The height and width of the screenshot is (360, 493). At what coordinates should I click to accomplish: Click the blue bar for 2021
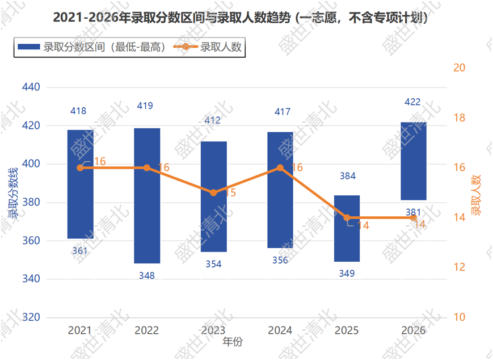80,184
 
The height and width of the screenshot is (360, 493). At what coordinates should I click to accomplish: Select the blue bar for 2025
347,228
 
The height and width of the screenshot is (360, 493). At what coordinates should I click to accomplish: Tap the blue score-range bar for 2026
414,161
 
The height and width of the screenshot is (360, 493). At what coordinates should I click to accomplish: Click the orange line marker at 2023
213,192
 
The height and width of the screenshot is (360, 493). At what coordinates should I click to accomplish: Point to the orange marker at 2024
280,168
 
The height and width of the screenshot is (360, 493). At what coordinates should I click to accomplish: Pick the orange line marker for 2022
147,168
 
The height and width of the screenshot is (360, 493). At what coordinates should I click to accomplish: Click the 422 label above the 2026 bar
412,102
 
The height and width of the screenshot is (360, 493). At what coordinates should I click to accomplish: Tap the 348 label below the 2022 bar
147,275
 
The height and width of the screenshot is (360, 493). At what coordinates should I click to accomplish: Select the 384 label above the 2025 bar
348,176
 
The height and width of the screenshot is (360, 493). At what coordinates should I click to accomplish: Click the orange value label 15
230,192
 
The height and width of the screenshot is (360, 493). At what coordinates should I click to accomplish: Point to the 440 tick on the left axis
31,87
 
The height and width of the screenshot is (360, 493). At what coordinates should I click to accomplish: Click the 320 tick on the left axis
31,317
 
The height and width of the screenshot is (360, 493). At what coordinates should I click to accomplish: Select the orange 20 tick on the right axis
459,68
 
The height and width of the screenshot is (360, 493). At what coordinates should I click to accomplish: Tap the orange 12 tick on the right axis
459,267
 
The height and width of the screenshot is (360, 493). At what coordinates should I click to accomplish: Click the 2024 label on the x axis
280,330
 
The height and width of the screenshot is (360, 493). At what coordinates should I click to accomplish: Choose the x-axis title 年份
233,342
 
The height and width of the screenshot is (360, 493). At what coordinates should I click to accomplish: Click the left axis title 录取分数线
13,193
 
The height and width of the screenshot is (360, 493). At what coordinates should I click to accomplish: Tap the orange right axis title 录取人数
476,195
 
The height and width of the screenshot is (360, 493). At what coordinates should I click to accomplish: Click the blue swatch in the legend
28,47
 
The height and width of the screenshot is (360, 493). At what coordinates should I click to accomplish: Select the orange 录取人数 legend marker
186,47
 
